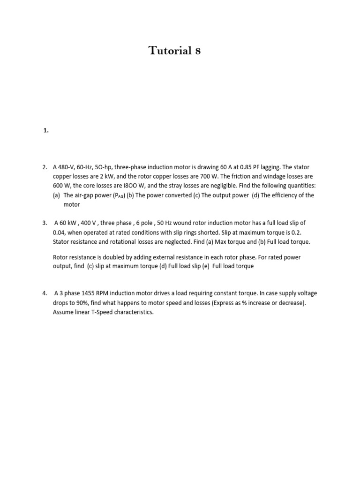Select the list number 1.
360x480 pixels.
tap(45, 131)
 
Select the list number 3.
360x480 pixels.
tap(45, 223)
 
